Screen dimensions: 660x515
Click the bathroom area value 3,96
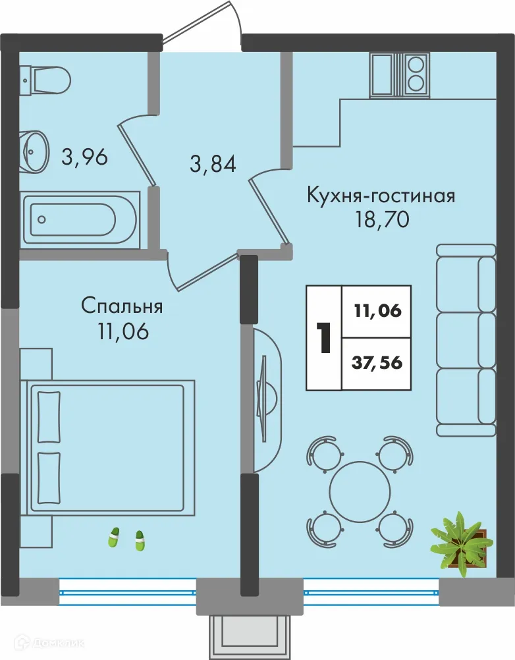coord(84,157)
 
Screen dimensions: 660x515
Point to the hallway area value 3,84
coord(213,163)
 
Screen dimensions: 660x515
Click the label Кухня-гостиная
coord(381,196)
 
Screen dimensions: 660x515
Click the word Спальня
coord(122,306)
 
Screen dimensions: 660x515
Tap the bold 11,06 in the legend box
coord(378,312)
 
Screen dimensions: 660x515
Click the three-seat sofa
coord(466,340)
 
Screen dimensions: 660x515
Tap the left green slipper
coord(114,537)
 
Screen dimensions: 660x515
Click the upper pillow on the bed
coord(49,417)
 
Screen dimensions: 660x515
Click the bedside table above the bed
coord(36,363)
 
